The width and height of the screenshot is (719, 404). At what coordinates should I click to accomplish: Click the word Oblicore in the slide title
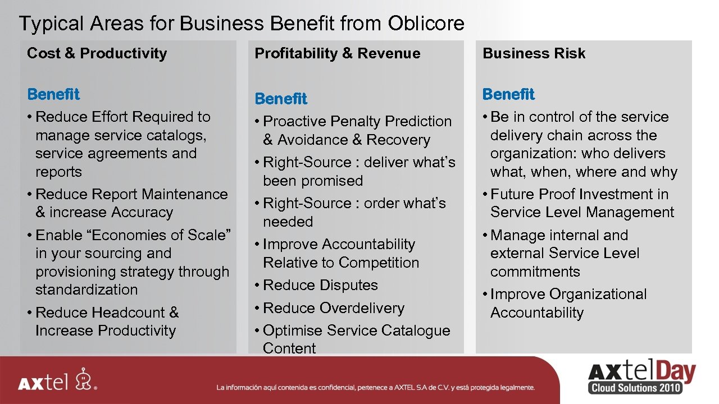coord(426,24)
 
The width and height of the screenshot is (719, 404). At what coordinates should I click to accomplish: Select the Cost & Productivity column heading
coord(97,53)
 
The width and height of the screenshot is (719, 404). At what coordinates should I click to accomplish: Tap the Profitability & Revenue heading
coord(337,53)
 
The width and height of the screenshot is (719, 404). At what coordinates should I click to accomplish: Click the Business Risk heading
coord(534,53)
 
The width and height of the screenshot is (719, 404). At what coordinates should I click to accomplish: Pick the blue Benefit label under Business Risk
coord(508,94)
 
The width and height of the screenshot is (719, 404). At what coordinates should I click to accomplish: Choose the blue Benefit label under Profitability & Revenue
coord(281,99)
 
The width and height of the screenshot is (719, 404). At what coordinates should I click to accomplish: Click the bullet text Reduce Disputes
coord(320,285)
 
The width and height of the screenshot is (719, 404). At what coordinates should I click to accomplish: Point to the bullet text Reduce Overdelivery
coord(334,308)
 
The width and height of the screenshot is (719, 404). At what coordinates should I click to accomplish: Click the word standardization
coord(87,290)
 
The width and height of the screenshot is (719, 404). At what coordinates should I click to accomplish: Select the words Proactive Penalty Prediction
coord(357,121)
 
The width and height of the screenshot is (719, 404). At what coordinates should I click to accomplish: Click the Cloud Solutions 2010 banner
coord(635,388)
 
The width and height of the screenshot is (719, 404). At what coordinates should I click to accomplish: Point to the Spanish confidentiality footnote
coord(376,387)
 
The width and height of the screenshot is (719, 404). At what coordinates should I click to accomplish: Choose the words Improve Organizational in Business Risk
coord(568,294)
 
